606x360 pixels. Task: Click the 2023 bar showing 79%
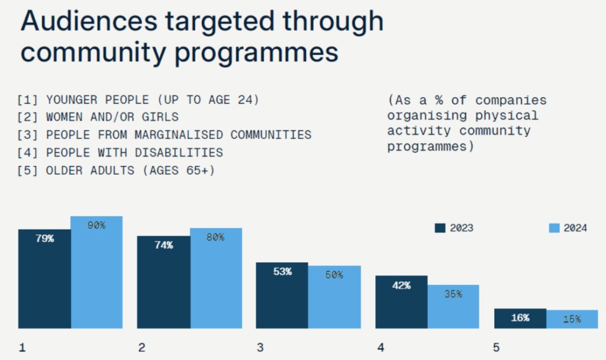44,278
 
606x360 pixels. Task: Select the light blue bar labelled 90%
96,272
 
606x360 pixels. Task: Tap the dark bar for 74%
163,282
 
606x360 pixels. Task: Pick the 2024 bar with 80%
216,278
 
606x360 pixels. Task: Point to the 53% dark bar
282,295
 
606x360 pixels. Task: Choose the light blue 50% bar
334,297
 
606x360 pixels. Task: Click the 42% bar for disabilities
401,301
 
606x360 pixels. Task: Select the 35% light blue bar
453,306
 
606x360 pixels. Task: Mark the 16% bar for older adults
520,318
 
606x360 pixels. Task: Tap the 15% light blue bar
572,319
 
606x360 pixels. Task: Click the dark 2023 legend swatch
440,228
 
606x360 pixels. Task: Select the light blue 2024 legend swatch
555,228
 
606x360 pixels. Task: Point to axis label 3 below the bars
260,348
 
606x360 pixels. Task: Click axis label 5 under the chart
496,348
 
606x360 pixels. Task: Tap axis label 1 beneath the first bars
22,348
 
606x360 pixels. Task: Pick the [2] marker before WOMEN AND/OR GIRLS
28,117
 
